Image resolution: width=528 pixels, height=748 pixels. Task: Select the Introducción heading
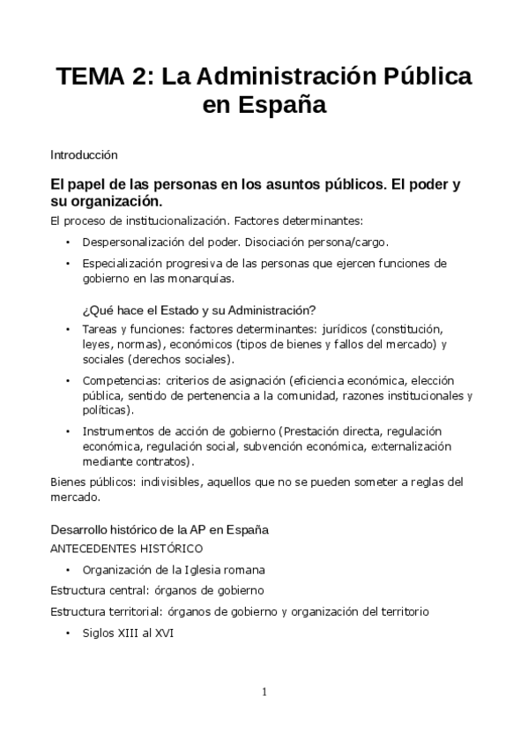point(84,154)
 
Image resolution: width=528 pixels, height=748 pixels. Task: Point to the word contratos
point(164,461)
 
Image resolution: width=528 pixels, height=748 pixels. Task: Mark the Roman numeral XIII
point(135,633)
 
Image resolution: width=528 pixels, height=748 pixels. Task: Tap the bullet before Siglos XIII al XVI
point(68,633)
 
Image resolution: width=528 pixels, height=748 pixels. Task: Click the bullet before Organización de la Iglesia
point(68,569)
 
